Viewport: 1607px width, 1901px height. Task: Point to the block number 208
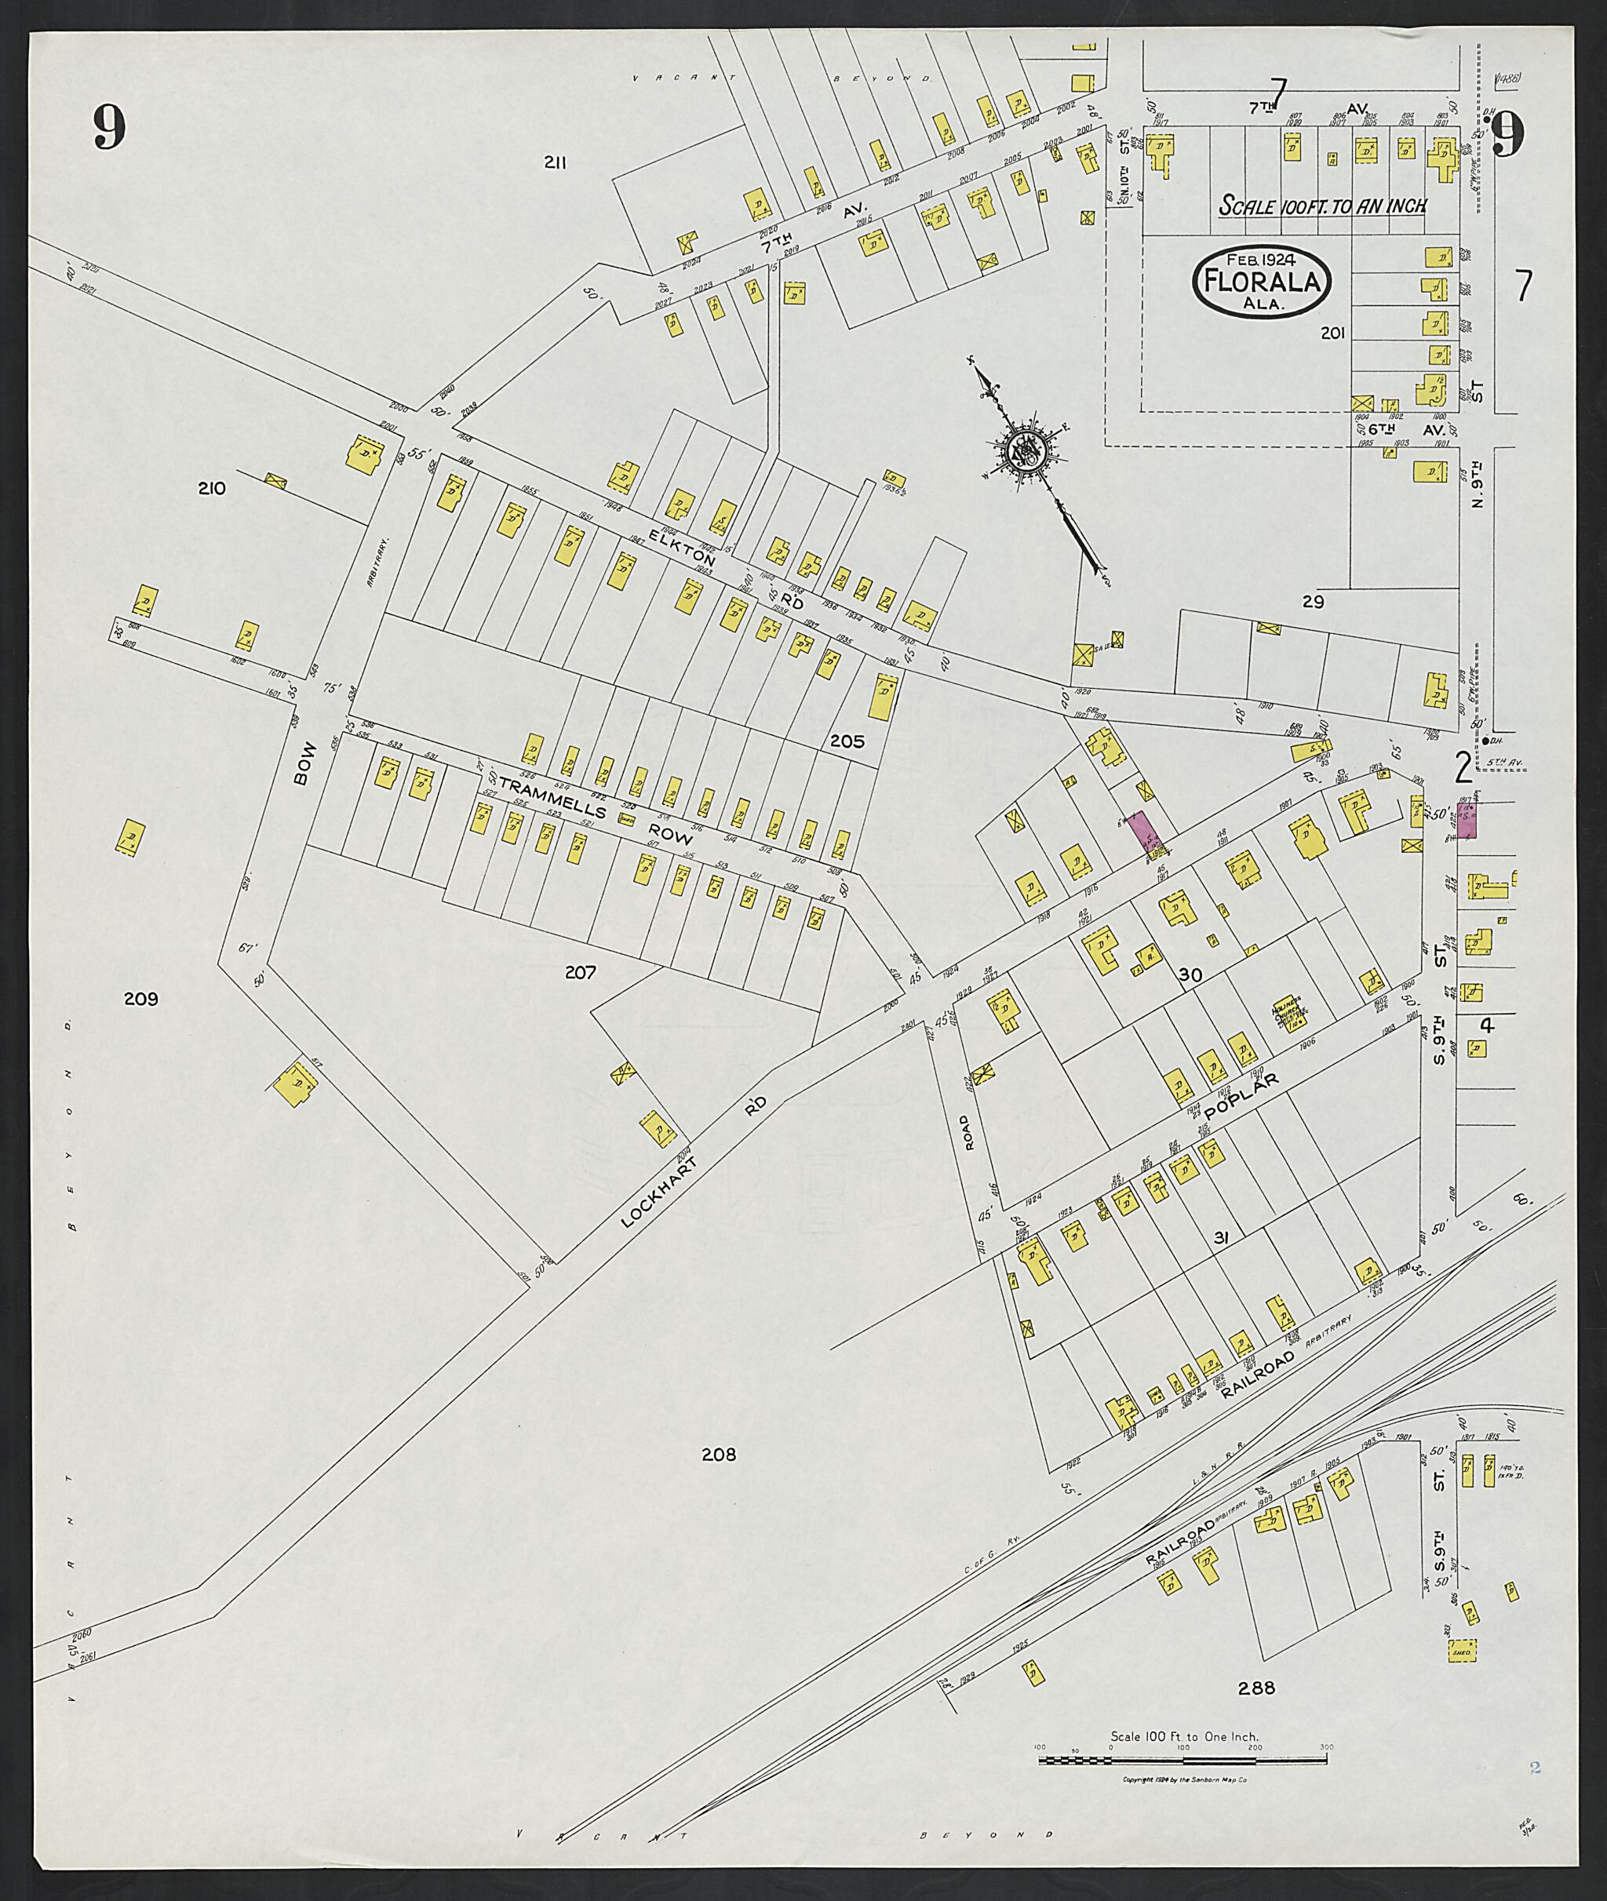click(718, 1455)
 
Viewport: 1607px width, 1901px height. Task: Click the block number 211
click(556, 162)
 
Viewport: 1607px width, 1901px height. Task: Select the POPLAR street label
click(1241, 1098)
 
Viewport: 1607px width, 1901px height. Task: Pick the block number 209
click(141, 998)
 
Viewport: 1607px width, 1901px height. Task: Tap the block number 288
click(1256, 1688)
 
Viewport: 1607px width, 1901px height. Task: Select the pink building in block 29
click(1142, 832)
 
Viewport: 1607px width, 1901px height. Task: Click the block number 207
click(581, 972)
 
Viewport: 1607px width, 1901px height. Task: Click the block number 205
click(847, 741)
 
